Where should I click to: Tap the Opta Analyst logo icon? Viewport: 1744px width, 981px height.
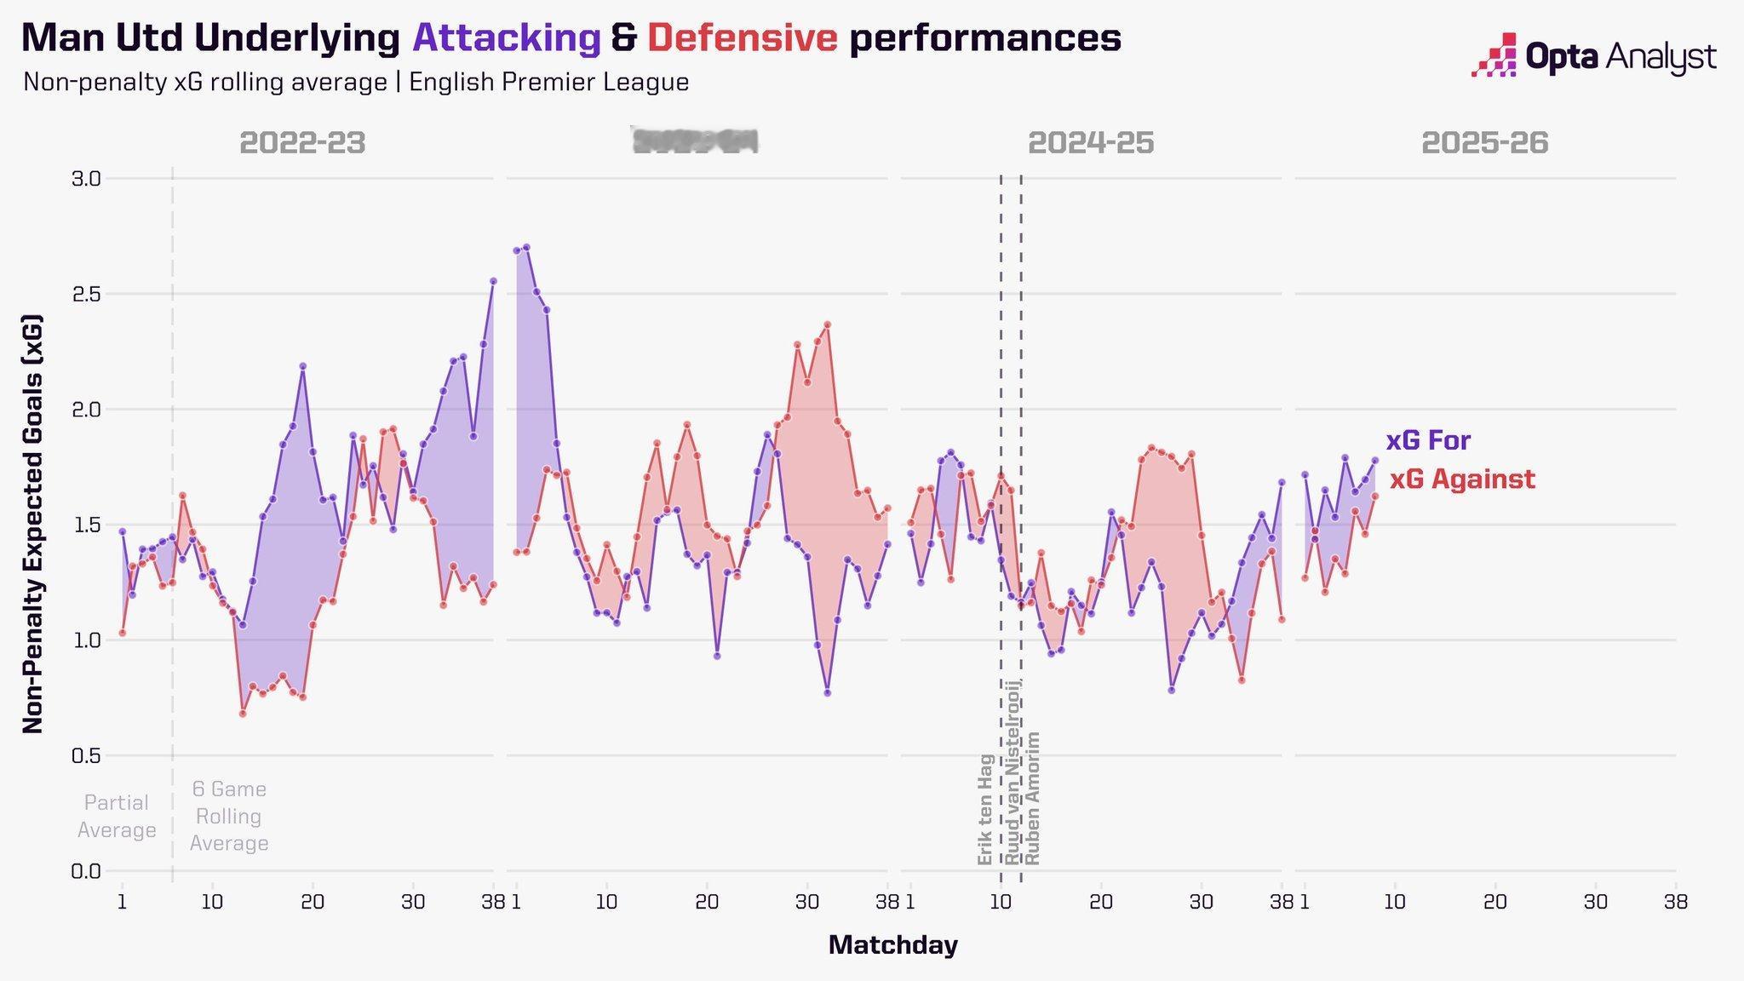tap(1494, 55)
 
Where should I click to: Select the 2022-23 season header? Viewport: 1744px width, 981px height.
tap(302, 143)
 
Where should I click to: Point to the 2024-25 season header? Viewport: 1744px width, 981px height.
tap(1091, 143)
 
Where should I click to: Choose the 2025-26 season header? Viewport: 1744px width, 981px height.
tap(1484, 143)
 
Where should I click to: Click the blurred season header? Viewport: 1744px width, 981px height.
tap(695, 141)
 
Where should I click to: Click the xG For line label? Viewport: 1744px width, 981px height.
tap(1428, 441)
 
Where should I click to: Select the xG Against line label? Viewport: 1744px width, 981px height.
tap(1462, 479)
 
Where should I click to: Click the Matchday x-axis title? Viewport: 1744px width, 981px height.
tap(892, 945)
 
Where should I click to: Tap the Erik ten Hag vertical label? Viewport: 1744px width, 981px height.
tap(985, 809)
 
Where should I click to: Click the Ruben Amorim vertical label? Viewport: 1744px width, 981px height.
tap(1032, 798)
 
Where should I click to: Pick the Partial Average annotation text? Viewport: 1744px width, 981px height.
tap(117, 816)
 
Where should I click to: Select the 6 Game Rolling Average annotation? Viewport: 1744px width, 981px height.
tap(229, 816)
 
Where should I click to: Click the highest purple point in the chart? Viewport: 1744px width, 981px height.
tap(526, 248)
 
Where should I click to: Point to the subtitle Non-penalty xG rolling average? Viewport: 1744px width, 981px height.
tap(356, 83)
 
